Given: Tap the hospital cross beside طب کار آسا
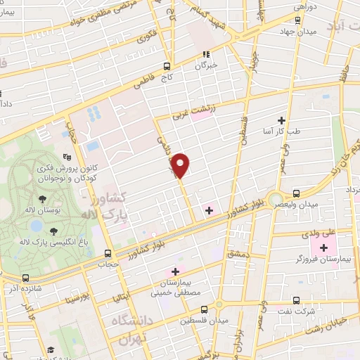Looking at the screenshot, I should click(282, 120).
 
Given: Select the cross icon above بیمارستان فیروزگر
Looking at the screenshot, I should click(323, 247).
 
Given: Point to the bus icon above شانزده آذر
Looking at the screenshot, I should click(26, 278).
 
